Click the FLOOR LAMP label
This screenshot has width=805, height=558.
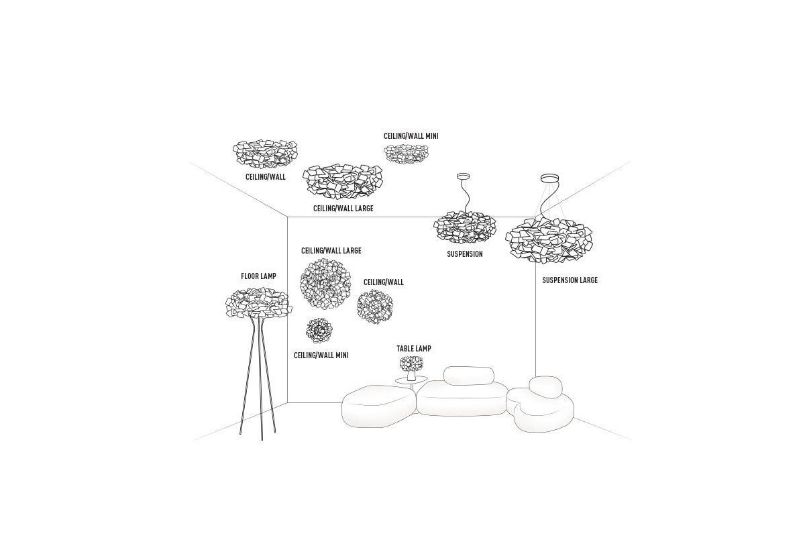(258, 276)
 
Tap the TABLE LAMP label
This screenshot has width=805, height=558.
(414, 349)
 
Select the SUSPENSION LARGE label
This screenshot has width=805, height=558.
(570, 280)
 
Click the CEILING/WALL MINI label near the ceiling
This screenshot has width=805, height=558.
(411, 136)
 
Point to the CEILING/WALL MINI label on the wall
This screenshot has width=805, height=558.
(321, 355)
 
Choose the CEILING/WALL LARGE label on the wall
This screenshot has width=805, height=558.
(331, 251)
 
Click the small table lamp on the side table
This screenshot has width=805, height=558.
(411, 368)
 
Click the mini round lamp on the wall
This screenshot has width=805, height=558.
(319, 331)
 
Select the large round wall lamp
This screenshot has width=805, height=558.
(325, 283)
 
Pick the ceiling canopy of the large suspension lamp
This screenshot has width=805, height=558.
(550, 178)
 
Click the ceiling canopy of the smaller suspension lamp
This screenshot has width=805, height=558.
(464, 176)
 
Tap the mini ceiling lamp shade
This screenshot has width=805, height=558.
(406, 154)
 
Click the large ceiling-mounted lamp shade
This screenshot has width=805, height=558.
(343, 182)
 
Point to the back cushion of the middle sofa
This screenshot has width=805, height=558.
(469, 376)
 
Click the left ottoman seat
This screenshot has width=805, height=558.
(378, 406)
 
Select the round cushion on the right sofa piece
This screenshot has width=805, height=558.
(545, 388)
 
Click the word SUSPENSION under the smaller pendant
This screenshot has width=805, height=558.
(465, 254)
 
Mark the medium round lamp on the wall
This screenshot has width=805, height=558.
(375, 306)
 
